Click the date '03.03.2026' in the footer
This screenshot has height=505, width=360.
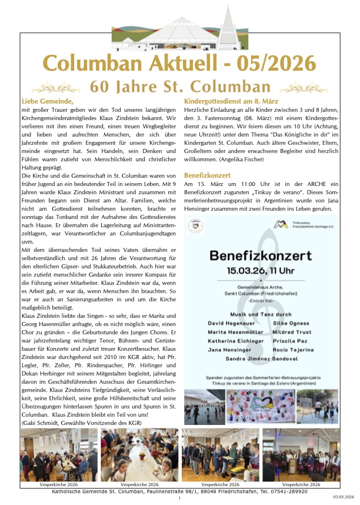click(344, 498)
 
